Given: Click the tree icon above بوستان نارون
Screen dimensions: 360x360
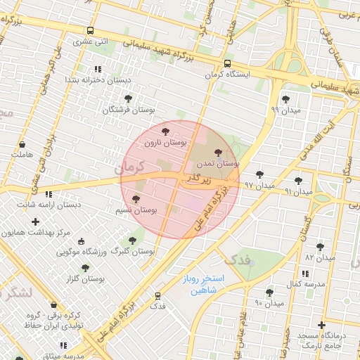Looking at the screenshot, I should click(165, 131).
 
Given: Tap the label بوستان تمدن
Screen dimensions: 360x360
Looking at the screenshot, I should click(217, 163).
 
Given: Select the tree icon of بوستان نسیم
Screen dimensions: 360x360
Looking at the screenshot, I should click(134, 200).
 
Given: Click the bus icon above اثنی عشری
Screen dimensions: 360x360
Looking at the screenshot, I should click(90, 30).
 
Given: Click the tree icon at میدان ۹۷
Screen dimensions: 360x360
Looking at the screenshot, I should click(259, 174).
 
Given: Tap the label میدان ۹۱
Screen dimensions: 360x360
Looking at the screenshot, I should click(298, 191).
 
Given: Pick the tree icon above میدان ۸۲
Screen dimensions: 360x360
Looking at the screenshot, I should click(321, 247).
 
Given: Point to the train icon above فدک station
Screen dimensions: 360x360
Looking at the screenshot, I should click(157, 296).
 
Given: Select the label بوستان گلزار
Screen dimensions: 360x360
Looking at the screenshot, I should click(84, 279).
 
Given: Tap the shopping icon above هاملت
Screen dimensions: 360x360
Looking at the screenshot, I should click(22, 144).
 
